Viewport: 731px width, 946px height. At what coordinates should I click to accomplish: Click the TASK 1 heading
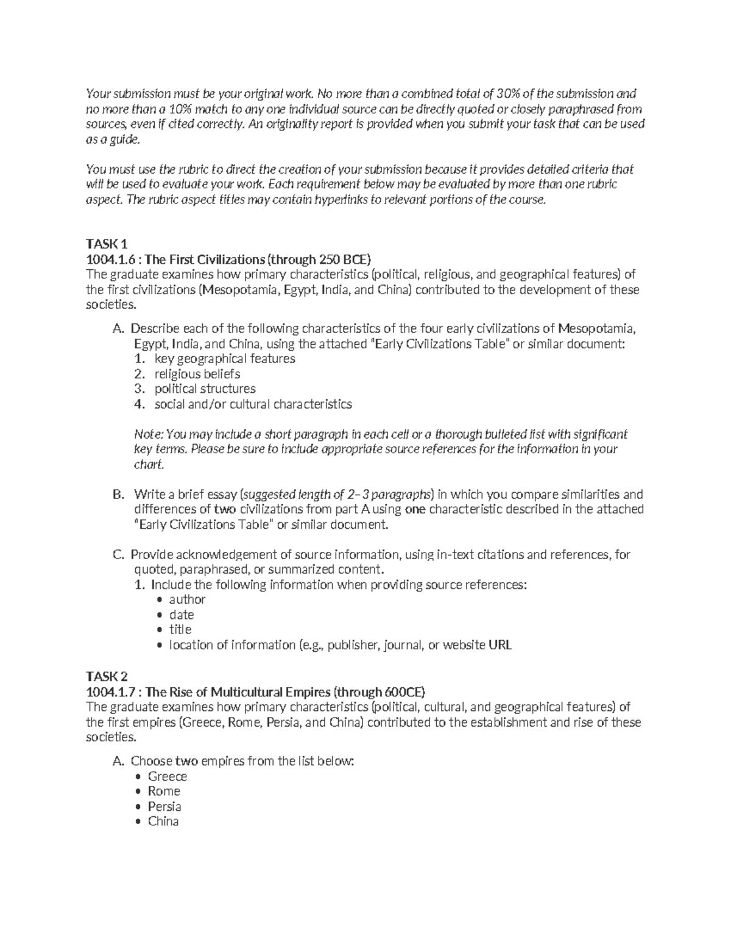point(107,244)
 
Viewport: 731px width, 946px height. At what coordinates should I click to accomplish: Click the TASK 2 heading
point(107,677)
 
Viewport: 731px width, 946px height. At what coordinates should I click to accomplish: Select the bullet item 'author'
point(187,599)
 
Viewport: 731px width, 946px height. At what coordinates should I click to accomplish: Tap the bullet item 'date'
point(182,615)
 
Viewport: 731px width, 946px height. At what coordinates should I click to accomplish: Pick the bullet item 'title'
point(180,629)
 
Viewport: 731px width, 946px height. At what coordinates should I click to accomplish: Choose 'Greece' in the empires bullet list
point(168,777)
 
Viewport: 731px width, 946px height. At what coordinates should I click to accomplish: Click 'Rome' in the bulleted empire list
point(164,791)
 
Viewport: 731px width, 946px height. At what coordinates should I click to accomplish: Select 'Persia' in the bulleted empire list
point(164,807)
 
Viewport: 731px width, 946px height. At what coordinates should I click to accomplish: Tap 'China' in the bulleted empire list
point(163,821)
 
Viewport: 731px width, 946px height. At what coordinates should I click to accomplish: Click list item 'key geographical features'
point(225,359)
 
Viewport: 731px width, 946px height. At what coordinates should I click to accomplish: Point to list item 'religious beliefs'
point(197,374)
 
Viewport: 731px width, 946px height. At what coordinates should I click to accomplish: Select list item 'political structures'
point(205,389)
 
